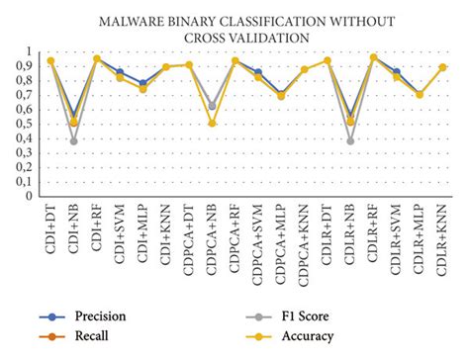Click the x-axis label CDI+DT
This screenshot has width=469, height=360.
[50, 225]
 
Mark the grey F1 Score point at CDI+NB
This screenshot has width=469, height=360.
[72, 141]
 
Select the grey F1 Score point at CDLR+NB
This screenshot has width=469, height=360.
[351, 141]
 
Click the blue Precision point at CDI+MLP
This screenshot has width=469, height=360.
[142, 83]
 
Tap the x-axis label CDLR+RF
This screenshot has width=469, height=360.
[374, 227]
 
